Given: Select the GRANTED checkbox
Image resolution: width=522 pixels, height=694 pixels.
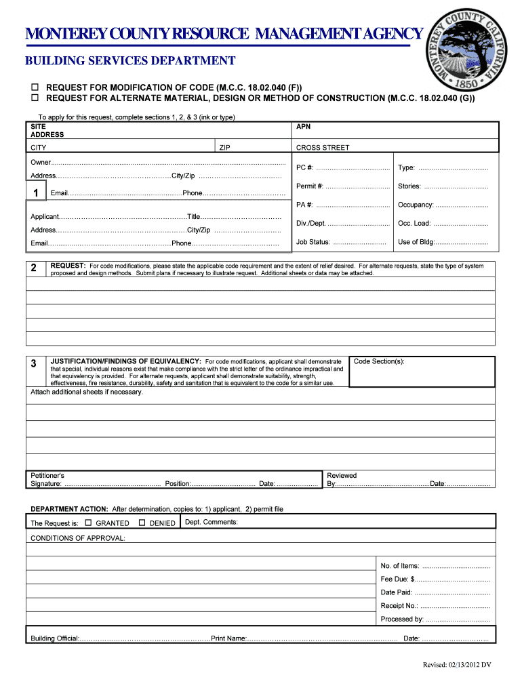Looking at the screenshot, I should (x=89, y=523).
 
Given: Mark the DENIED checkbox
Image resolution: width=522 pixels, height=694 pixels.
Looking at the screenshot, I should (x=142, y=523).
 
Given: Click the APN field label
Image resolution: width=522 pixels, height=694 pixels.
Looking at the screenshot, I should (x=304, y=127).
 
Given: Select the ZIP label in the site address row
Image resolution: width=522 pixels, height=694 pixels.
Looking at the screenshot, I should (x=224, y=147).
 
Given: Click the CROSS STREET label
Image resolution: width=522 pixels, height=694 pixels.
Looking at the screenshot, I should (x=323, y=147).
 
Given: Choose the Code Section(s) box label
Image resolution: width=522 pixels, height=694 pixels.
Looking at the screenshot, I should (x=379, y=361).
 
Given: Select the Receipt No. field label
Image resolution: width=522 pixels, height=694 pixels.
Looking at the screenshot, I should (x=399, y=606).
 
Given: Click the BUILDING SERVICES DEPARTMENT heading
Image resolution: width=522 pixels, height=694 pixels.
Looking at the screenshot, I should (x=130, y=61).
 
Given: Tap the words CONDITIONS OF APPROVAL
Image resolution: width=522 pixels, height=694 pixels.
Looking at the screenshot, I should (x=78, y=538).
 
